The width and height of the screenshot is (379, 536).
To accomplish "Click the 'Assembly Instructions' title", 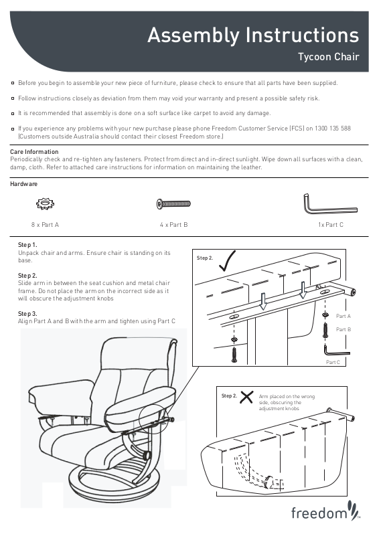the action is [x=253, y=35].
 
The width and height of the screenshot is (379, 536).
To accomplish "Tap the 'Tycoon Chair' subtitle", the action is [x=328, y=57].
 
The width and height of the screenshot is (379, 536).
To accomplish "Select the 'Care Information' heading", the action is [x=34, y=151].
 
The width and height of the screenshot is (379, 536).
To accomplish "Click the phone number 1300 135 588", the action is [x=333, y=128].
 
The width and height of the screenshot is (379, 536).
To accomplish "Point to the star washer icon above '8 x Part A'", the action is [x=45, y=203].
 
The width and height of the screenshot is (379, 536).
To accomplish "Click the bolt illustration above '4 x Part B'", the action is [x=173, y=203].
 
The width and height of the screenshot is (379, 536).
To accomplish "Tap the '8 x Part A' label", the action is [x=45, y=225].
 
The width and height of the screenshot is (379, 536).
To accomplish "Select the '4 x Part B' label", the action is [x=174, y=225].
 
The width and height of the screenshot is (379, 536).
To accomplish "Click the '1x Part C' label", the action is [x=330, y=225].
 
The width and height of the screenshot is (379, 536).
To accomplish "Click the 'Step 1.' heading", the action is [x=27, y=245].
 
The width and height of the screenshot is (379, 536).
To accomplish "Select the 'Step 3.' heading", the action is [x=27, y=313].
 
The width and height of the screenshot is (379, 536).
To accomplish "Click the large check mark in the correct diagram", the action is [x=226, y=262].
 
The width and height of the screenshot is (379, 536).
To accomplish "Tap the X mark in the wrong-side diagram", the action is [x=246, y=397].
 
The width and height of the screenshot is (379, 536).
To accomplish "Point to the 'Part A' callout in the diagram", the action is [x=344, y=316].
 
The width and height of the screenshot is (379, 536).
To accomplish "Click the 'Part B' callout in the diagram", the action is [x=344, y=329].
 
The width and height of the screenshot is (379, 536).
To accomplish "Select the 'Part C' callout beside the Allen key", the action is [x=333, y=362].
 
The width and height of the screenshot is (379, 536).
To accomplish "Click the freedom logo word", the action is [x=319, y=513].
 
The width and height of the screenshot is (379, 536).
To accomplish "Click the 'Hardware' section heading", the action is [x=23, y=184].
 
